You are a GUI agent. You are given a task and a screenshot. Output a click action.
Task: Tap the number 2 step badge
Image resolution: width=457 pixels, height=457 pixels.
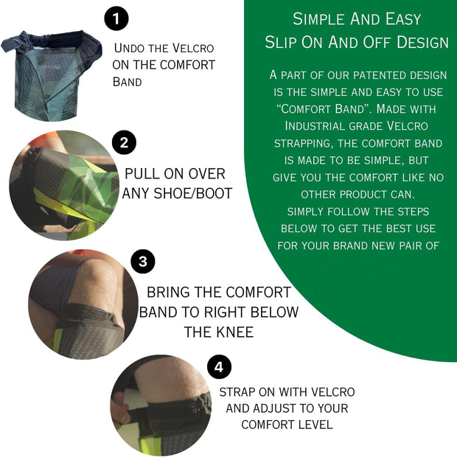coord(124,143)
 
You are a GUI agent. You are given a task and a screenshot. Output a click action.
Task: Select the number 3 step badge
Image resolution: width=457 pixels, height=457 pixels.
coord(143,261)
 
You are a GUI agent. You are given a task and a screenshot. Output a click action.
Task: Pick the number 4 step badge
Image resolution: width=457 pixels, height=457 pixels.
coord(220,366)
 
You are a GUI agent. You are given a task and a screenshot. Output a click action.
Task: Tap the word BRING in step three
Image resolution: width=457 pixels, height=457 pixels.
coord(168,292)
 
